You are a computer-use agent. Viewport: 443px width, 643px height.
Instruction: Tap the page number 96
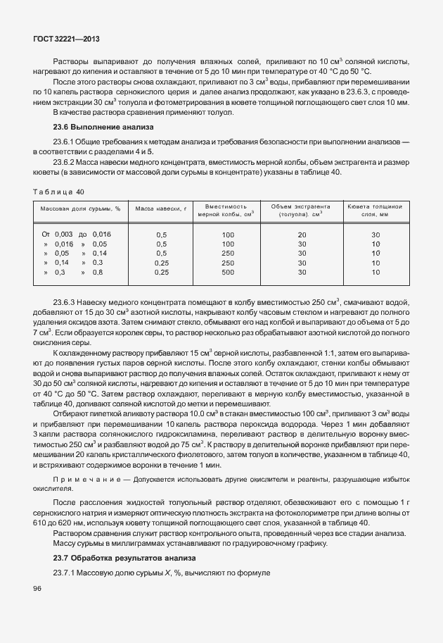(38, 588)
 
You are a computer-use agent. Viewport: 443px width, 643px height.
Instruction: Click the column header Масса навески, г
(160, 209)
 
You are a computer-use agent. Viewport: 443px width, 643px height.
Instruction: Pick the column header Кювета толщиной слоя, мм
(375, 209)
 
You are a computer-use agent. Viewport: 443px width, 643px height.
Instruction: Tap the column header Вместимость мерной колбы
(228, 209)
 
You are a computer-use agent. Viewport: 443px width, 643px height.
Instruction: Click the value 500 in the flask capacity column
(228, 271)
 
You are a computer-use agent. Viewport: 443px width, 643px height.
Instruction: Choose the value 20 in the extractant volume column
(302, 235)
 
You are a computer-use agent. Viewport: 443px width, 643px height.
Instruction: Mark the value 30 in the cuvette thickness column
(375, 235)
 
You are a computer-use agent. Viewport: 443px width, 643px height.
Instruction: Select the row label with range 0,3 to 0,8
(73, 271)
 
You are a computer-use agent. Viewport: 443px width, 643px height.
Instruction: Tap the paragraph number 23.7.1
(67, 571)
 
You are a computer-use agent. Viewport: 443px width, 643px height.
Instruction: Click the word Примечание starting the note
(81, 479)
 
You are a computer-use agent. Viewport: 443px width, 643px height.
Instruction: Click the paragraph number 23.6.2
(67, 161)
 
